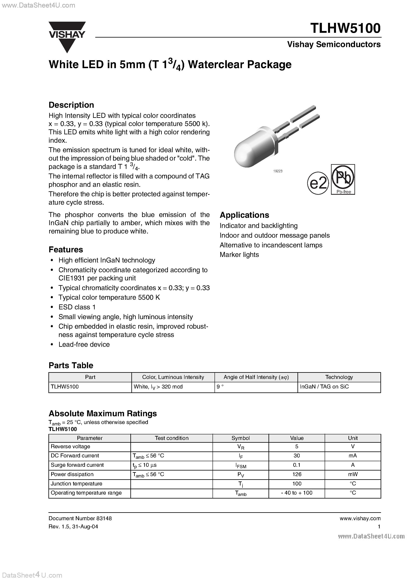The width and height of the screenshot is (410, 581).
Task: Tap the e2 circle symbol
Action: pos(318,184)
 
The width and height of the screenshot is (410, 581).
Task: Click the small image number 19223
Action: pos(278,171)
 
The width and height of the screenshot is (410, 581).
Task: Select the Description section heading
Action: pos(71,105)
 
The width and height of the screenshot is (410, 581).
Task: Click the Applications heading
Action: pos(244,215)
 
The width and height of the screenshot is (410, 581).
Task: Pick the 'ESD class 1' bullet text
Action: pos(77,307)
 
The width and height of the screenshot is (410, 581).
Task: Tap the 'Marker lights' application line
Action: pos(239,255)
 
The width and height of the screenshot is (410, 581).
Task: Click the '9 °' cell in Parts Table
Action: pos(220,387)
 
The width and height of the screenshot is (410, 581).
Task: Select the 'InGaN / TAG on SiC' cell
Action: pos(324,387)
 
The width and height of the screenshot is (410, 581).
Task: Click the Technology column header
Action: pos(339,377)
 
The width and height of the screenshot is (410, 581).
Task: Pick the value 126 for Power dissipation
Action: pos(297,474)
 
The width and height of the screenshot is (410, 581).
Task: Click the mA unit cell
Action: pos(353,455)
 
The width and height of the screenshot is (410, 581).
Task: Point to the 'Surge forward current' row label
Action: pos(77,465)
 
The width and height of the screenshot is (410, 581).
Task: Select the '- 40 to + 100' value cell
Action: pos(297,493)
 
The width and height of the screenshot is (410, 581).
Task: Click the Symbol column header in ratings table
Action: pos(240,438)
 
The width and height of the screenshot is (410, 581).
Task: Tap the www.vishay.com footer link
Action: pos(360,518)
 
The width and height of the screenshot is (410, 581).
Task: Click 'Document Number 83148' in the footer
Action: pos(80,518)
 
